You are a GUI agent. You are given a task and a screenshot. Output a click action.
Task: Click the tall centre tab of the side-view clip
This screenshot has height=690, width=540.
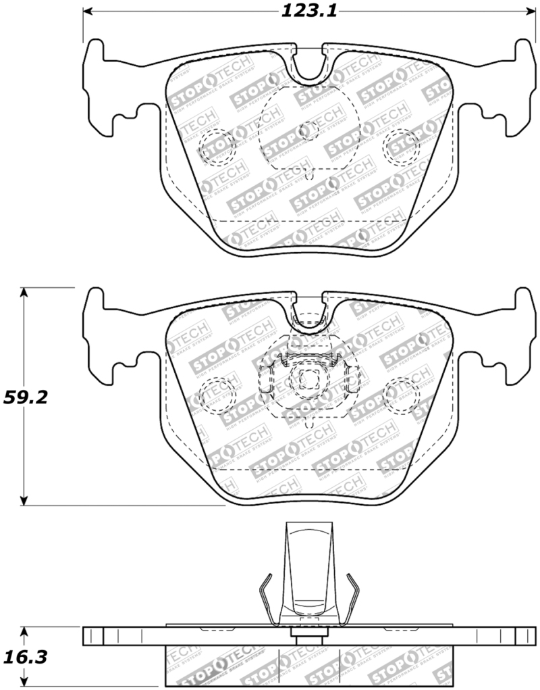[308, 568]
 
